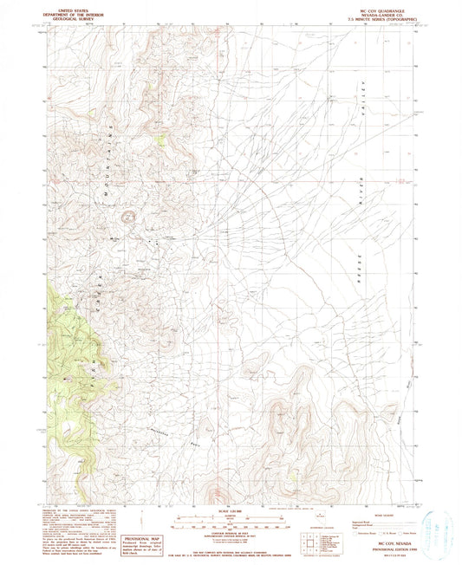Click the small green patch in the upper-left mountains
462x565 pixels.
160,138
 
